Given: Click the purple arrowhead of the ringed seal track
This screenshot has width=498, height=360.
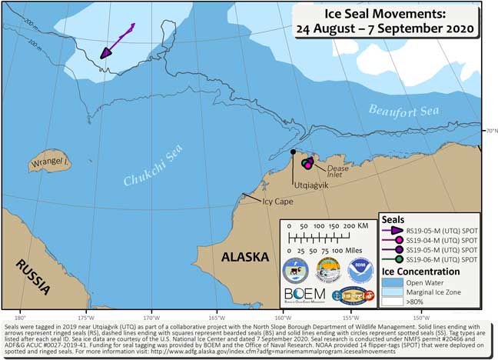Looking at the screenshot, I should (104, 52).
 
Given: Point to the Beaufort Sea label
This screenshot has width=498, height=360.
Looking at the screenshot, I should (403, 111).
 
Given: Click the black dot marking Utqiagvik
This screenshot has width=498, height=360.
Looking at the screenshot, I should (293, 152).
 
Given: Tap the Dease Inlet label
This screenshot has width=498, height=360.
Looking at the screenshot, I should (338, 171).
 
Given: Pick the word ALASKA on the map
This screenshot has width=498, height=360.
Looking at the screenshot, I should (246, 257).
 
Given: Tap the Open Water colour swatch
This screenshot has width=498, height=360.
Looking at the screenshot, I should (396, 282).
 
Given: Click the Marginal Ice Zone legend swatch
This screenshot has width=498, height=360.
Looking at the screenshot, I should (396, 292).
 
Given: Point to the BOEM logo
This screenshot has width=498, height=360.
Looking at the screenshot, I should (305, 294).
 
